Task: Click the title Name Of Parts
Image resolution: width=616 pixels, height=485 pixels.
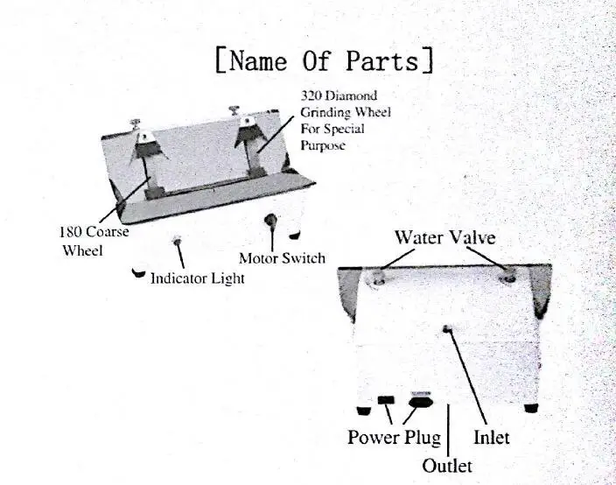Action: click(x=325, y=60)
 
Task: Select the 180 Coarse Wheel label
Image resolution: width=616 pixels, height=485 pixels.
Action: click(x=94, y=241)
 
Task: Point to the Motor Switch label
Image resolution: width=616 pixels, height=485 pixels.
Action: click(x=282, y=258)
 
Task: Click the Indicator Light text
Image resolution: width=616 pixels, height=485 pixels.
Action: click(x=198, y=278)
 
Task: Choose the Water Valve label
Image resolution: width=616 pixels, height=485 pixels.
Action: click(x=445, y=237)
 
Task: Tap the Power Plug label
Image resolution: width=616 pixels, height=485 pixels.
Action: click(x=394, y=438)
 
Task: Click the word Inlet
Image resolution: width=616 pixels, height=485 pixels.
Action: click(x=492, y=438)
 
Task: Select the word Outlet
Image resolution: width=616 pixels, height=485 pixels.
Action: click(x=447, y=466)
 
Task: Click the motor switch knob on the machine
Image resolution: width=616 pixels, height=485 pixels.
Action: click(x=270, y=220)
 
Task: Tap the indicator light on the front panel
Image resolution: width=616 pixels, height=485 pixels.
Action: click(x=177, y=239)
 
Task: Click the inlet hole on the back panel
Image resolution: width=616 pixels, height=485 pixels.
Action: click(x=446, y=328)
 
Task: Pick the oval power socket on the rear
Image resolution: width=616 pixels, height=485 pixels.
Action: click(x=421, y=402)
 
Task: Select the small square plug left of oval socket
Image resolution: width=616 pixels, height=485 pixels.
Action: click(x=386, y=400)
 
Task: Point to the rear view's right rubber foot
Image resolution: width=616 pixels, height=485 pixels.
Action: click(x=531, y=408)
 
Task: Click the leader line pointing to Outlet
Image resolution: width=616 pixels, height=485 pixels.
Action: click(x=448, y=431)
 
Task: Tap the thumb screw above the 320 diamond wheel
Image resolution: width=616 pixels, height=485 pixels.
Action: click(x=234, y=109)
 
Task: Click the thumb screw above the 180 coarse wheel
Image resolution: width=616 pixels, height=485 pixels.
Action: click(x=136, y=123)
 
